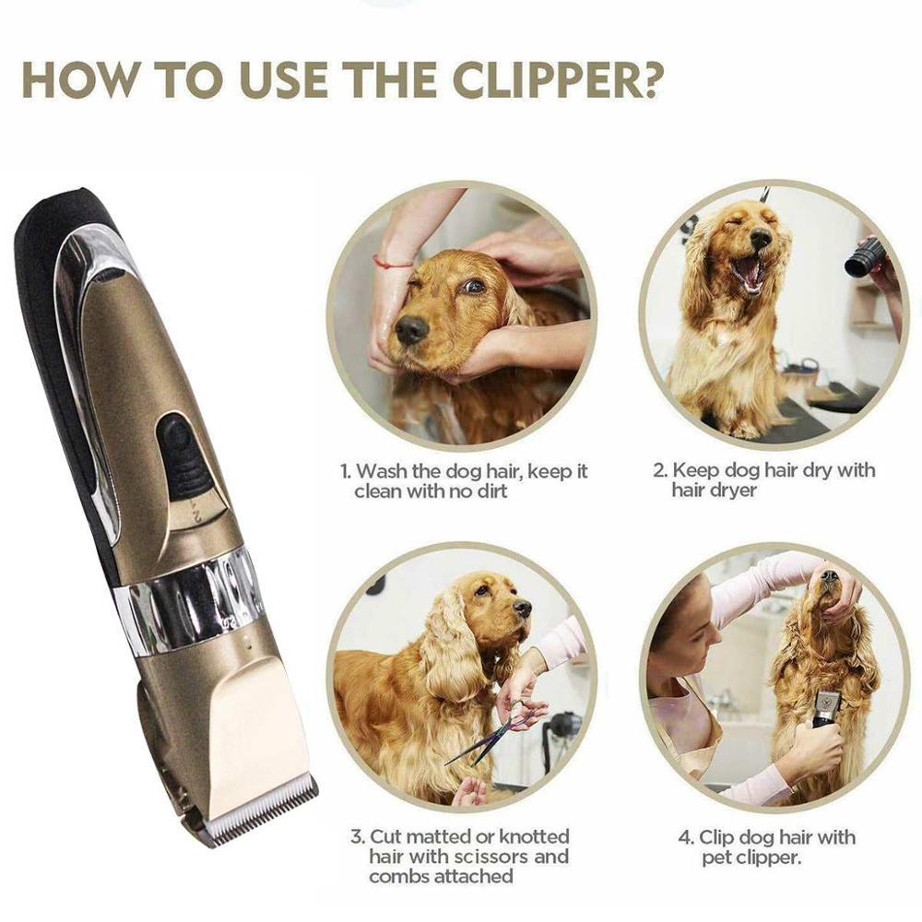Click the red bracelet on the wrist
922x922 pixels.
[393, 264]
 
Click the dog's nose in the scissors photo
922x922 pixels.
[523, 608]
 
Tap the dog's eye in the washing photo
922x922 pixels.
[472, 287]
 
